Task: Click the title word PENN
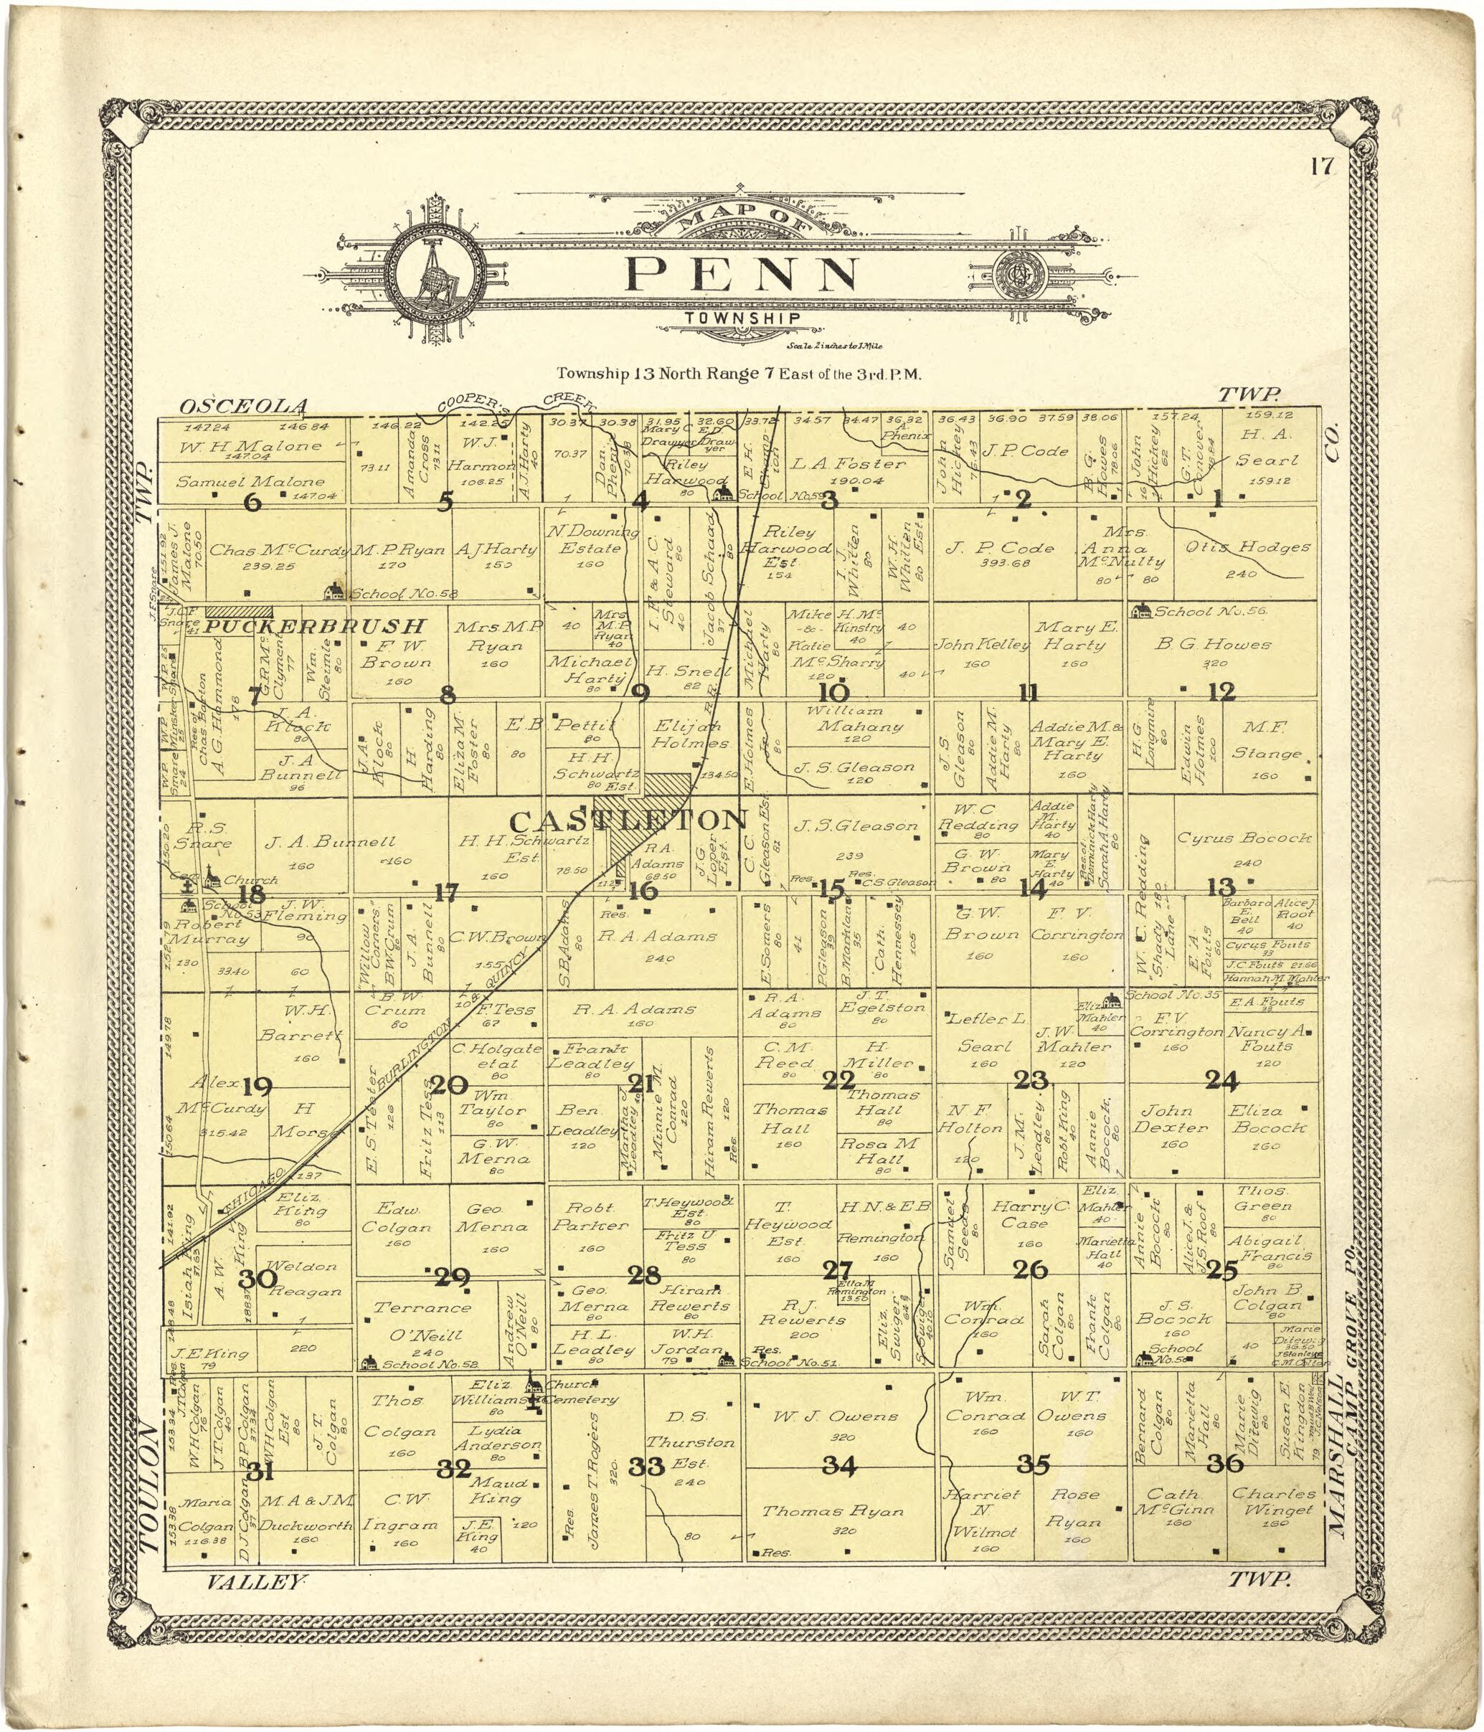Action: click(742, 273)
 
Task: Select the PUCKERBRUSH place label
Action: click(316, 626)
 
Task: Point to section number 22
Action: click(838, 1081)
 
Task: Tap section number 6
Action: click(251, 502)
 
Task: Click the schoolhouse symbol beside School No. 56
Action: click(1139, 611)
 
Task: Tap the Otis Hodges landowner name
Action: click(1248, 547)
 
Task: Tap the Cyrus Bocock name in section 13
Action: click(1244, 838)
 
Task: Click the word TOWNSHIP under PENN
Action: click(742, 318)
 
